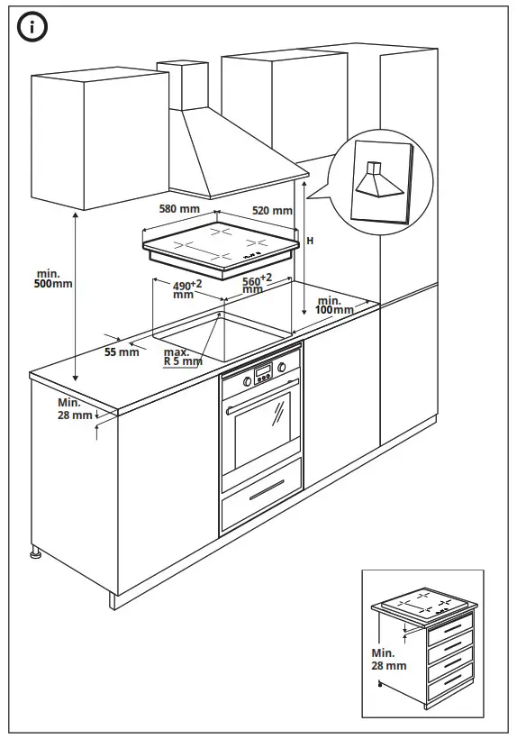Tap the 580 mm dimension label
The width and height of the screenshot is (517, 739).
(178, 209)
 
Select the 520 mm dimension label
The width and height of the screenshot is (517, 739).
(272, 211)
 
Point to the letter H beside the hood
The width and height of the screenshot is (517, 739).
(310, 241)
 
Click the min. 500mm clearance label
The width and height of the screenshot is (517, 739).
(53, 278)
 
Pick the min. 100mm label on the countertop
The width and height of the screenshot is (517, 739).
(334, 305)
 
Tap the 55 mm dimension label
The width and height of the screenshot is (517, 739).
(122, 352)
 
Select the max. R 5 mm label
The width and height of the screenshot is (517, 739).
(183, 356)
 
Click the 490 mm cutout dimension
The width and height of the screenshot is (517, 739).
(186, 288)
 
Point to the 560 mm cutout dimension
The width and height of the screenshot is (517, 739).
(257, 284)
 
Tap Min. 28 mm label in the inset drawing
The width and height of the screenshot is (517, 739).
(388, 660)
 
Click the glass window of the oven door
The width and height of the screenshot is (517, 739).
(260, 429)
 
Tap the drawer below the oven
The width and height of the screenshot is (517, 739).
(260, 501)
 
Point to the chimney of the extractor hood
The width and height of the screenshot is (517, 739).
(188, 86)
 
